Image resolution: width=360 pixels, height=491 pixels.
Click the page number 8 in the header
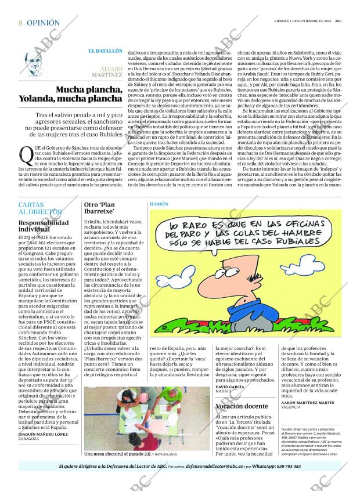(20, 23)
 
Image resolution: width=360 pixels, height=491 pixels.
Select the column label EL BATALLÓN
(105, 51)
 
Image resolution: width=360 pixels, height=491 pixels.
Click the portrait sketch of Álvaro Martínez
(35, 64)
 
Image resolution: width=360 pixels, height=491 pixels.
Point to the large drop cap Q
(25, 154)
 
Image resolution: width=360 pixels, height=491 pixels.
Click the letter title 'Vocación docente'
(242, 406)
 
